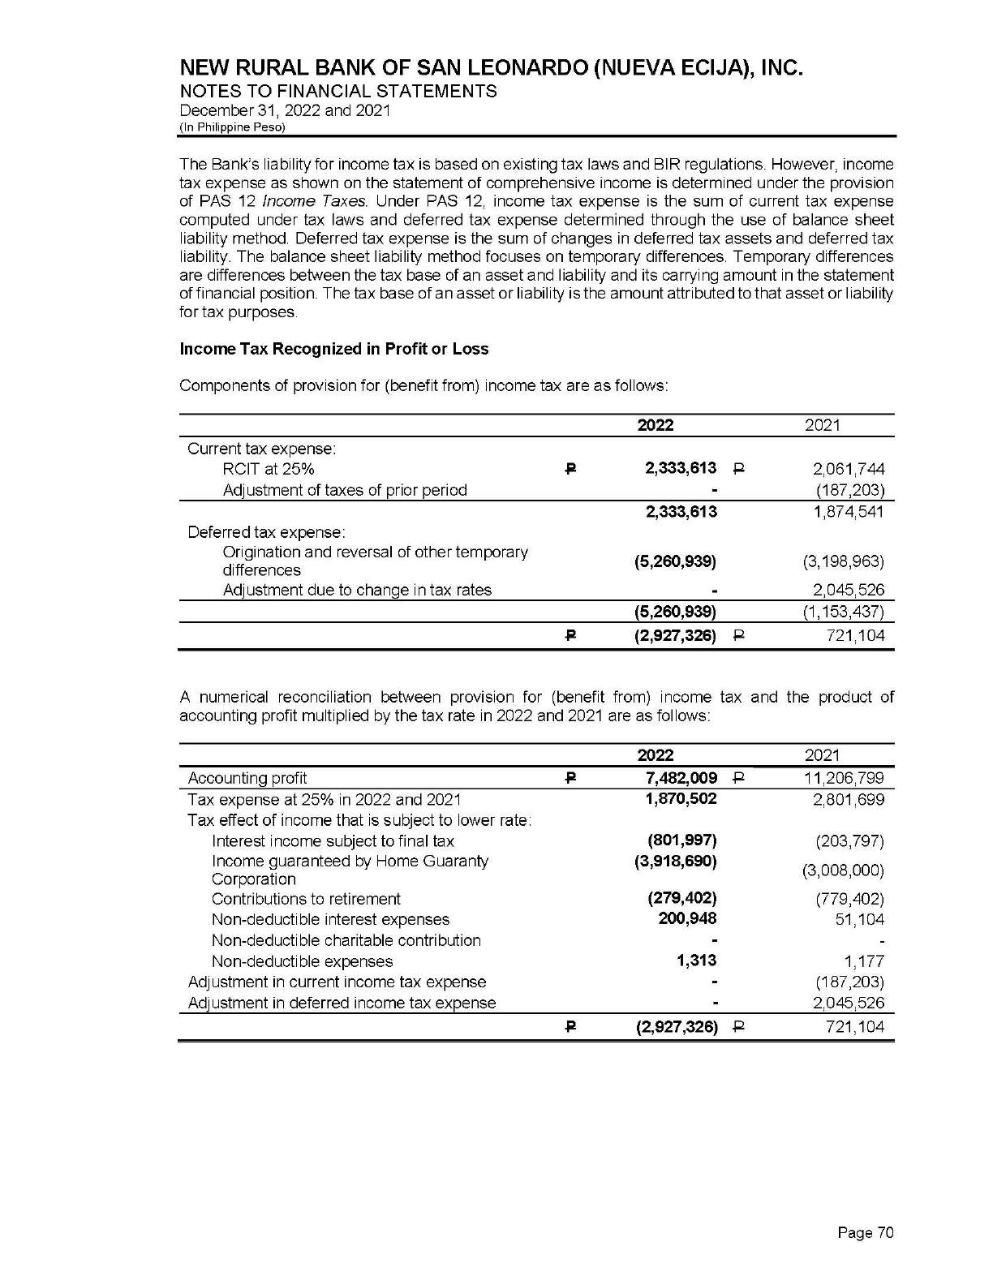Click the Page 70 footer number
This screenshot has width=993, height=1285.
865,1233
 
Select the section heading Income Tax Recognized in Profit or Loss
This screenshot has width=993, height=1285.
333,349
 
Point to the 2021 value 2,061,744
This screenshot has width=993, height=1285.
848,469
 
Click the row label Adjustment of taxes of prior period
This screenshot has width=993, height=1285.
345,490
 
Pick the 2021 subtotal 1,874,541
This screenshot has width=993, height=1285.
848,511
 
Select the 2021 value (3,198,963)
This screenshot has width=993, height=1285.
843,561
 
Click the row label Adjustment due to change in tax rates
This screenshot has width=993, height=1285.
357,590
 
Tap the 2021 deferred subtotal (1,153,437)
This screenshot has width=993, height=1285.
843,611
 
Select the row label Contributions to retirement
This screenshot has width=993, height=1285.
306,899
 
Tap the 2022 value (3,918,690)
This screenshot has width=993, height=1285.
675,861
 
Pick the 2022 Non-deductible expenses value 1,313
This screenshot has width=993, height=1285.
696,961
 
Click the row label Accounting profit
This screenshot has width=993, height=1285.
247,779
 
